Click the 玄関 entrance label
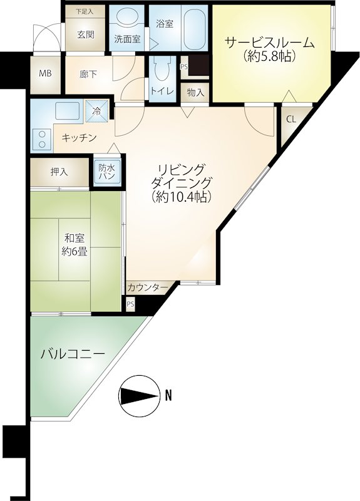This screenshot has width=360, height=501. click(x=86, y=34)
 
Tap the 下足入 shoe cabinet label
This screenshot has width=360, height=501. click(x=85, y=12)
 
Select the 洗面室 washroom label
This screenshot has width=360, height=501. click(x=128, y=39)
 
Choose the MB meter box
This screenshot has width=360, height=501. click(x=45, y=74)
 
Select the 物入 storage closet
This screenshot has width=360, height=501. click(x=195, y=93)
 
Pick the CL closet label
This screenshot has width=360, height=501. click(x=291, y=119)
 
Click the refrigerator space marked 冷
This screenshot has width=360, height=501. click(x=97, y=111)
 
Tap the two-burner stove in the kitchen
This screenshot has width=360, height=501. click(x=41, y=139)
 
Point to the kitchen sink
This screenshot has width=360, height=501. click(x=67, y=111)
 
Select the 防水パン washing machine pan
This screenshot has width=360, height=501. click(x=107, y=172)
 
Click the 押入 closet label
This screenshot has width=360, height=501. click(x=59, y=172)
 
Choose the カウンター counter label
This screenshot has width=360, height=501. click(x=148, y=288)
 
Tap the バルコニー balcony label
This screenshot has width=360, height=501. click(x=73, y=354)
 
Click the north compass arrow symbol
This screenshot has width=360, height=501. click(x=140, y=396)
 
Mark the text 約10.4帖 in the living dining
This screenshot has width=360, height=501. click(x=182, y=197)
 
